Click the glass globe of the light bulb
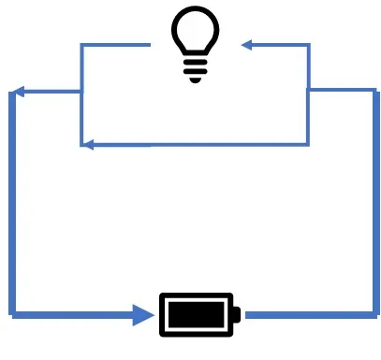coord(196,34)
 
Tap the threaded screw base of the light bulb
coord(196,70)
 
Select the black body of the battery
coord(197,314)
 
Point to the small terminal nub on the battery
coord(237,314)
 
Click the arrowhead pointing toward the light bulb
coord(247,44)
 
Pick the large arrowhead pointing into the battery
coord(145,314)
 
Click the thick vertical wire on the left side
coord(11,206)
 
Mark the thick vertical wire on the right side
coord(375,206)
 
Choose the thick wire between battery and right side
coord(309,314)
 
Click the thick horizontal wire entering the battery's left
coord(75,314)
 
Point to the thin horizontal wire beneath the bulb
coord(197,145)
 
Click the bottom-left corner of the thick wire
coord(11,313)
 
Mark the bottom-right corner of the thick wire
coord(375,313)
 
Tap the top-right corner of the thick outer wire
coord(375,91)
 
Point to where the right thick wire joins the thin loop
coord(309,91)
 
